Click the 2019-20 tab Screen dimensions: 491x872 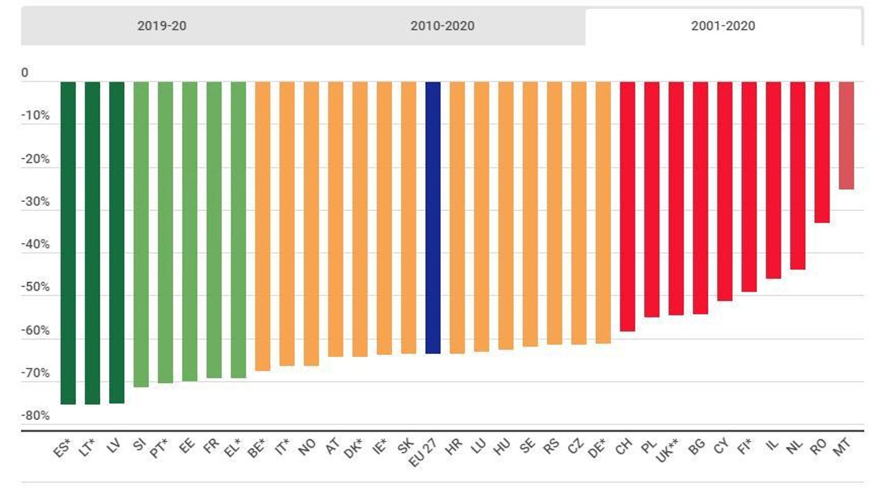point(161,26)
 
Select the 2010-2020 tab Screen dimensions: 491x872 point(442,26)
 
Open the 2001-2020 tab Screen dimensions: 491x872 point(723,26)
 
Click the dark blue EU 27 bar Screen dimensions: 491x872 point(433,218)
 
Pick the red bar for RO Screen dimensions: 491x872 point(822,152)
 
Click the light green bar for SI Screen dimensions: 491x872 point(141,235)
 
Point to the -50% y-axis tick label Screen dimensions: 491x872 point(35,287)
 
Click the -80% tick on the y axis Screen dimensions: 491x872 point(35,416)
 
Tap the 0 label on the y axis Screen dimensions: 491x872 point(25,73)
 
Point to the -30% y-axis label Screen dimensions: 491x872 point(35,201)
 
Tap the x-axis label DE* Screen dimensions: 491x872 point(597,448)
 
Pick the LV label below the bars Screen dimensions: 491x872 point(113,446)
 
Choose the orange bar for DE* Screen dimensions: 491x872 point(603,213)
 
